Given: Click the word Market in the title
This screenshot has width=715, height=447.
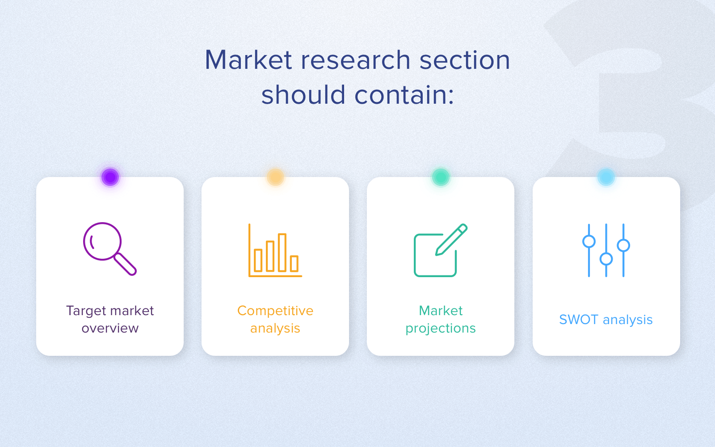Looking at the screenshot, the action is coord(248,60).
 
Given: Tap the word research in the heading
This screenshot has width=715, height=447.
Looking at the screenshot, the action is coord(356,60).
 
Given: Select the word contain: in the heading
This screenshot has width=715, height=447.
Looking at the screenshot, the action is coord(404,95).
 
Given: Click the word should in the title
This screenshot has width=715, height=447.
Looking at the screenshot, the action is coord(303,95).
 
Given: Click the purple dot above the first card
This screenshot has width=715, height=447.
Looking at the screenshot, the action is coord(110,177).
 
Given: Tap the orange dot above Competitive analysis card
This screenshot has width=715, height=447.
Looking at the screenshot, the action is coord(275,177).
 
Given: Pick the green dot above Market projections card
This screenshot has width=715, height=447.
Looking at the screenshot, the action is coord(441,177).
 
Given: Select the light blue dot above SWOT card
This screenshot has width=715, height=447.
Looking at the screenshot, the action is coord(606,177).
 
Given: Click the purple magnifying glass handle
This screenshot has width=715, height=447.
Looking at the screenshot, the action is coord(126,264).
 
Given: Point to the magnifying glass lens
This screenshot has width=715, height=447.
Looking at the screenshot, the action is coord(102,241).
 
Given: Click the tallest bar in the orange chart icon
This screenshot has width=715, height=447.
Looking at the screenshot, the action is coord(282,253).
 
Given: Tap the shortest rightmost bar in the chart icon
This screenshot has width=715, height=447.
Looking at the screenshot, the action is coord(294,263).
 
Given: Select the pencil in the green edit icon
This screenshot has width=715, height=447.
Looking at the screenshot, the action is coord(451,240).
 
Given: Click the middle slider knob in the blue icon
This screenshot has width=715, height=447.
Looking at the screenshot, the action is coord(606,259).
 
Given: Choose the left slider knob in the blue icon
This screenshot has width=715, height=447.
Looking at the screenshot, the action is coord(589,241).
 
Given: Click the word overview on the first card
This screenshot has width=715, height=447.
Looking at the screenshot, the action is coord(110,328).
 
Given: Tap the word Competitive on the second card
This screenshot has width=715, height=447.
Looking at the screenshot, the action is coord(275,311).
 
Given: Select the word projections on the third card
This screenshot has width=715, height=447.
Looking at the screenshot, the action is coord(441,329).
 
